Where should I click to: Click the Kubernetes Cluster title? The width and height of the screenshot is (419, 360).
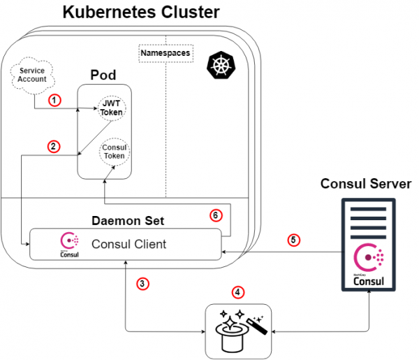pyautogui.click(x=140, y=12)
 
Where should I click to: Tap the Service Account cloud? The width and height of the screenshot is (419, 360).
pyautogui.click(x=33, y=75)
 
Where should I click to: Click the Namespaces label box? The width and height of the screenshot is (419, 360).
pyautogui.click(x=166, y=53)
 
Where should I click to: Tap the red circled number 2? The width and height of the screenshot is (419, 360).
pyautogui.click(x=53, y=146)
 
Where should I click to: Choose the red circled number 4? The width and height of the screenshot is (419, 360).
pyautogui.click(x=237, y=291)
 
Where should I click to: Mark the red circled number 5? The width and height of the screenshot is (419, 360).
pyautogui.click(x=295, y=240)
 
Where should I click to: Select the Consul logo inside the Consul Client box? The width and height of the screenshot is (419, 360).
pyautogui.click(x=69, y=245)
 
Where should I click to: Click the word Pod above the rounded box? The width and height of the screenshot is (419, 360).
pyautogui.click(x=103, y=75)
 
